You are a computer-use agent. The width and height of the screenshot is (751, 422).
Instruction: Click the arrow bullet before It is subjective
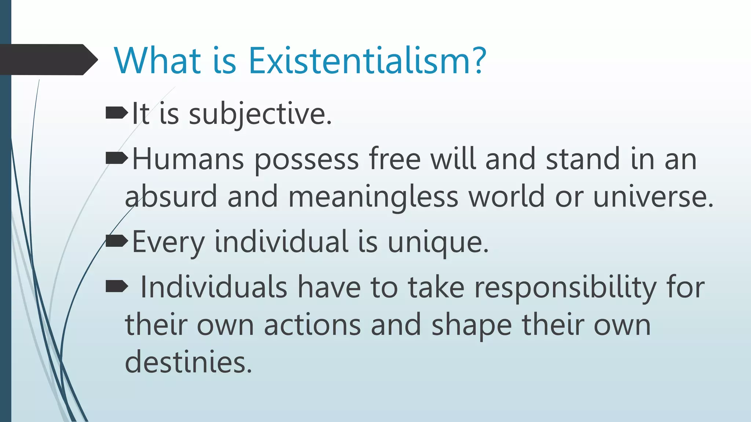[117, 114]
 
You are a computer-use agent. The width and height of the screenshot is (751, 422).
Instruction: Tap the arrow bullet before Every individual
[117, 241]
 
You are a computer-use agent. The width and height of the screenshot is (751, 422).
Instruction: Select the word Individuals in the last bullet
[213, 287]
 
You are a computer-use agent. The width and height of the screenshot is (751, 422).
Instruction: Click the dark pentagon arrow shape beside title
[48, 60]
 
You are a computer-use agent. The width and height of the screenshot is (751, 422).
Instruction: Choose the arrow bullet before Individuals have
[117, 286]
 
